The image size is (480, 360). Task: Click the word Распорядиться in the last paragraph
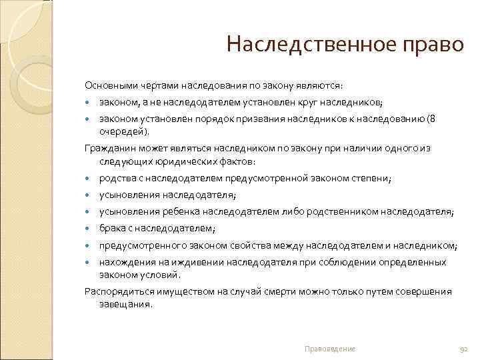pos(114,291)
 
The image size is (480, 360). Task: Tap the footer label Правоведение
pos(329,349)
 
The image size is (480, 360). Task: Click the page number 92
pos(465,349)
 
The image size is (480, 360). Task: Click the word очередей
pos(120,131)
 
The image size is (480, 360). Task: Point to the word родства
pos(116,178)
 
